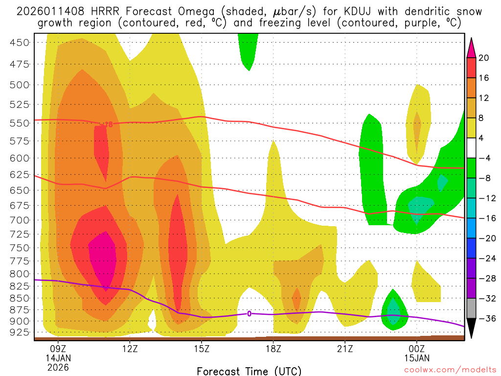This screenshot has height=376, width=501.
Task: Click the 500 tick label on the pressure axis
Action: point(20,85)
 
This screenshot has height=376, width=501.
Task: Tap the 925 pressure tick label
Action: point(20,333)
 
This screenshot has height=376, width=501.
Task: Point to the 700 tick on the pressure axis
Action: point(20,220)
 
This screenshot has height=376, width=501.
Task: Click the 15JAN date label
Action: point(416,357)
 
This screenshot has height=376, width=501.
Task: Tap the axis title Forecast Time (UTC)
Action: point(249,371)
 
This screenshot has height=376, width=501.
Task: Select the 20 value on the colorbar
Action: point(484,58)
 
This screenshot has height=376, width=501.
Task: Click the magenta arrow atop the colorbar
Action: point(472,47)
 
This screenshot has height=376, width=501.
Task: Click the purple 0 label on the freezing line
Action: point(249,314)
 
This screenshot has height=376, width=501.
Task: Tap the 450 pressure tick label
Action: point(20,42)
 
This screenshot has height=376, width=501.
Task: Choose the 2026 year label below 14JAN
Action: point(58,367)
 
